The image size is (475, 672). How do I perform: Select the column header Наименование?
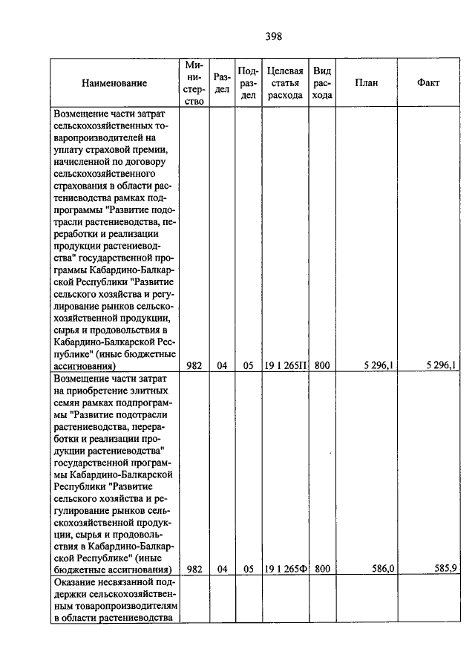[x=114, y=83]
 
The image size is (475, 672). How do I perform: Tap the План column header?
[x=366, y=83]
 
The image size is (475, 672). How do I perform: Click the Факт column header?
[x=429, y=83]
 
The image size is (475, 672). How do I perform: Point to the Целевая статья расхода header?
[x=285, y=83]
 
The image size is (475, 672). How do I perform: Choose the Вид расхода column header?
[x=321, y=83]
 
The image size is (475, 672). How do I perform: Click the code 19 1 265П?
[x=285, y=365]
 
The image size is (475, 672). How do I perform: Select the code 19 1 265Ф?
[x=285, y=570]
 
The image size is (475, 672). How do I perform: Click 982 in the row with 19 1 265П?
[x=195, y=365]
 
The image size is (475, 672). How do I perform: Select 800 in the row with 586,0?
[x=321, y=570]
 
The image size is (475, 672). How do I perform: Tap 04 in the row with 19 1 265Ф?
[x=222, y=570]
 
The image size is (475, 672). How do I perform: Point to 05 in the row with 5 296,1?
[x=248, y=365]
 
